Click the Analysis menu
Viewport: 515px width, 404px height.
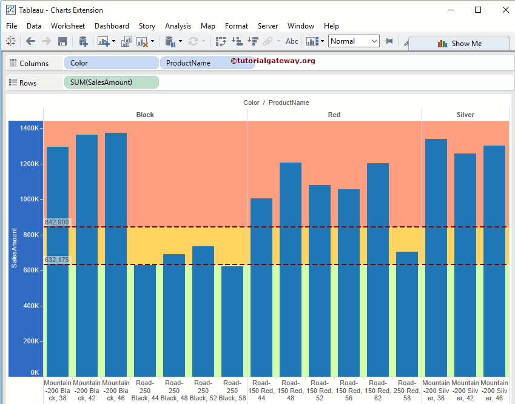coord(178,26)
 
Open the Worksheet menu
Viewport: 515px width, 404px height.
coord(68,26)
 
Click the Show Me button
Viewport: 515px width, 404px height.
coord(459,44)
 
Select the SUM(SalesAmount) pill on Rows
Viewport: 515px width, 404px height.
coord(111,82)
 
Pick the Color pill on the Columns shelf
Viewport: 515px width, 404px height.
coord(112,63)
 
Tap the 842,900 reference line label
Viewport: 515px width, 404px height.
coord(57,223)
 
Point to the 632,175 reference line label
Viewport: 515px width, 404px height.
coord(57,260)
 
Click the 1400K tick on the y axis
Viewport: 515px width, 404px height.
coord(30,129)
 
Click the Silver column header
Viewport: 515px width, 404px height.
coord(465,115)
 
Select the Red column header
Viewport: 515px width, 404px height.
coord(334,115)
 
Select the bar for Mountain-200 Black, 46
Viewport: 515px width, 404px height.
coord(116,255)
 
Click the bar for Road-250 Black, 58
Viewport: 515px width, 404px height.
coord(232,322)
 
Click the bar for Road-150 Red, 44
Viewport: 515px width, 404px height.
coord(261,288)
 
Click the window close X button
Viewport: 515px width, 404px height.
coord(505,10)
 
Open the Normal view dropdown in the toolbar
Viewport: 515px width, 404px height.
coord(354,41)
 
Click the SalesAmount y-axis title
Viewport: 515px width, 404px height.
coord(14,247)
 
